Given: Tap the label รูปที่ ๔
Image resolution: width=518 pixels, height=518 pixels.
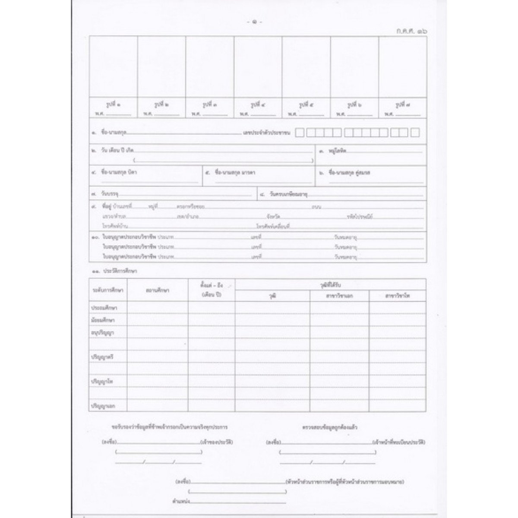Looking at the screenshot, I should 258,105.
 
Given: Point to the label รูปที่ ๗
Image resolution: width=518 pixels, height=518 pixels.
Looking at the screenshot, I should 402,105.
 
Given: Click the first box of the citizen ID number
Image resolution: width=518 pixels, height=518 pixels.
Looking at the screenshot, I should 300,133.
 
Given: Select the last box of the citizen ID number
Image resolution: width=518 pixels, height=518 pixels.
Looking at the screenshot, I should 415,133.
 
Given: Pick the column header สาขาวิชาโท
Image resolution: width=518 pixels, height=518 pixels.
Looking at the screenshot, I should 398,296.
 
